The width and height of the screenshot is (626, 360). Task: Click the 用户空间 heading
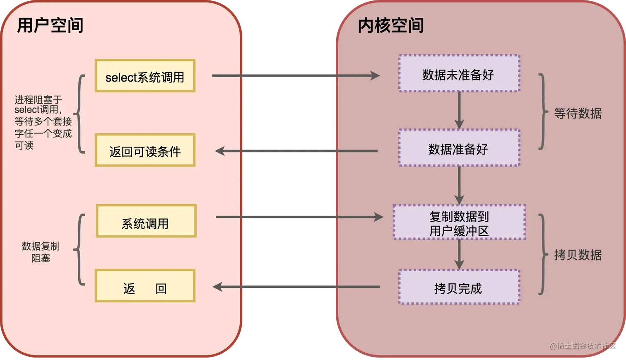(x=50, y=26)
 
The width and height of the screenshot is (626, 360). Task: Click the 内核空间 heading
(x=391, y=26)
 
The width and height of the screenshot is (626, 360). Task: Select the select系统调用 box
(x=145, y=76)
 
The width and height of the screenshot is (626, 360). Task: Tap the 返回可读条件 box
(x=145, y=150)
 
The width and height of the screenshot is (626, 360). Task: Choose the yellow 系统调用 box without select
(x=146, y=221)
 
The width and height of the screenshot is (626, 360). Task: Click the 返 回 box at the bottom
(x=145, y=286)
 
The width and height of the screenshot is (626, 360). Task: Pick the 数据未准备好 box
(x=459, y=74)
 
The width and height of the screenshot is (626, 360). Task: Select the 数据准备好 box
(x=459, y=148)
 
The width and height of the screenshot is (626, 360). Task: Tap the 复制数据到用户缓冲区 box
(x=459, y=222)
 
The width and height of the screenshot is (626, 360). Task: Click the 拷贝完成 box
(x=459, y=287)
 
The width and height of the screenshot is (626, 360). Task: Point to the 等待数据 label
(x=578, y=113)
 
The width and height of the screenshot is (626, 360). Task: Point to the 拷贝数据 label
(x=578, y=255)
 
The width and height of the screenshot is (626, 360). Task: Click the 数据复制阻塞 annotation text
(x=41, y=252)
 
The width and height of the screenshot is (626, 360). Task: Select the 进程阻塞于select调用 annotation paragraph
(x=43, y=122)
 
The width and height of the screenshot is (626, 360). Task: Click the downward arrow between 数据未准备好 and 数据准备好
(x=459, y=110)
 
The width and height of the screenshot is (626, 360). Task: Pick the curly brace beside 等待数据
(x=543, y=112)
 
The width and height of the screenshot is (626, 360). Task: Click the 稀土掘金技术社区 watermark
(x=583, y=346)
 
